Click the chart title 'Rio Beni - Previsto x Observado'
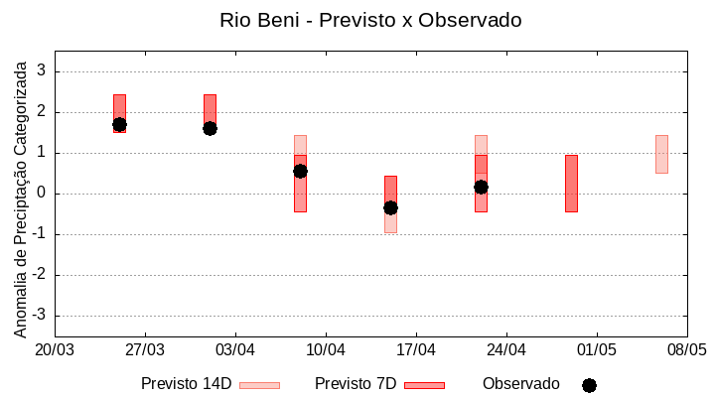point(370,20)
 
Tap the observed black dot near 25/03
point(119,125)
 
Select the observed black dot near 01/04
point(210,128)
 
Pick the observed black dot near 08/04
point(300,171)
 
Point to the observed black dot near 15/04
point(390,207)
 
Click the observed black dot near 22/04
point(481,187)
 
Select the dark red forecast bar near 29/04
point(571,184)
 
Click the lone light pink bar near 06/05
point(661,154)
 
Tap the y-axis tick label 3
point(42,71)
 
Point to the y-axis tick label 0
point(42,194)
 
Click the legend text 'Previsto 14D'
point(186,384)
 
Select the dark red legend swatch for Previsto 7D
point(424,385)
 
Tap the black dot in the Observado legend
point(589,385)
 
